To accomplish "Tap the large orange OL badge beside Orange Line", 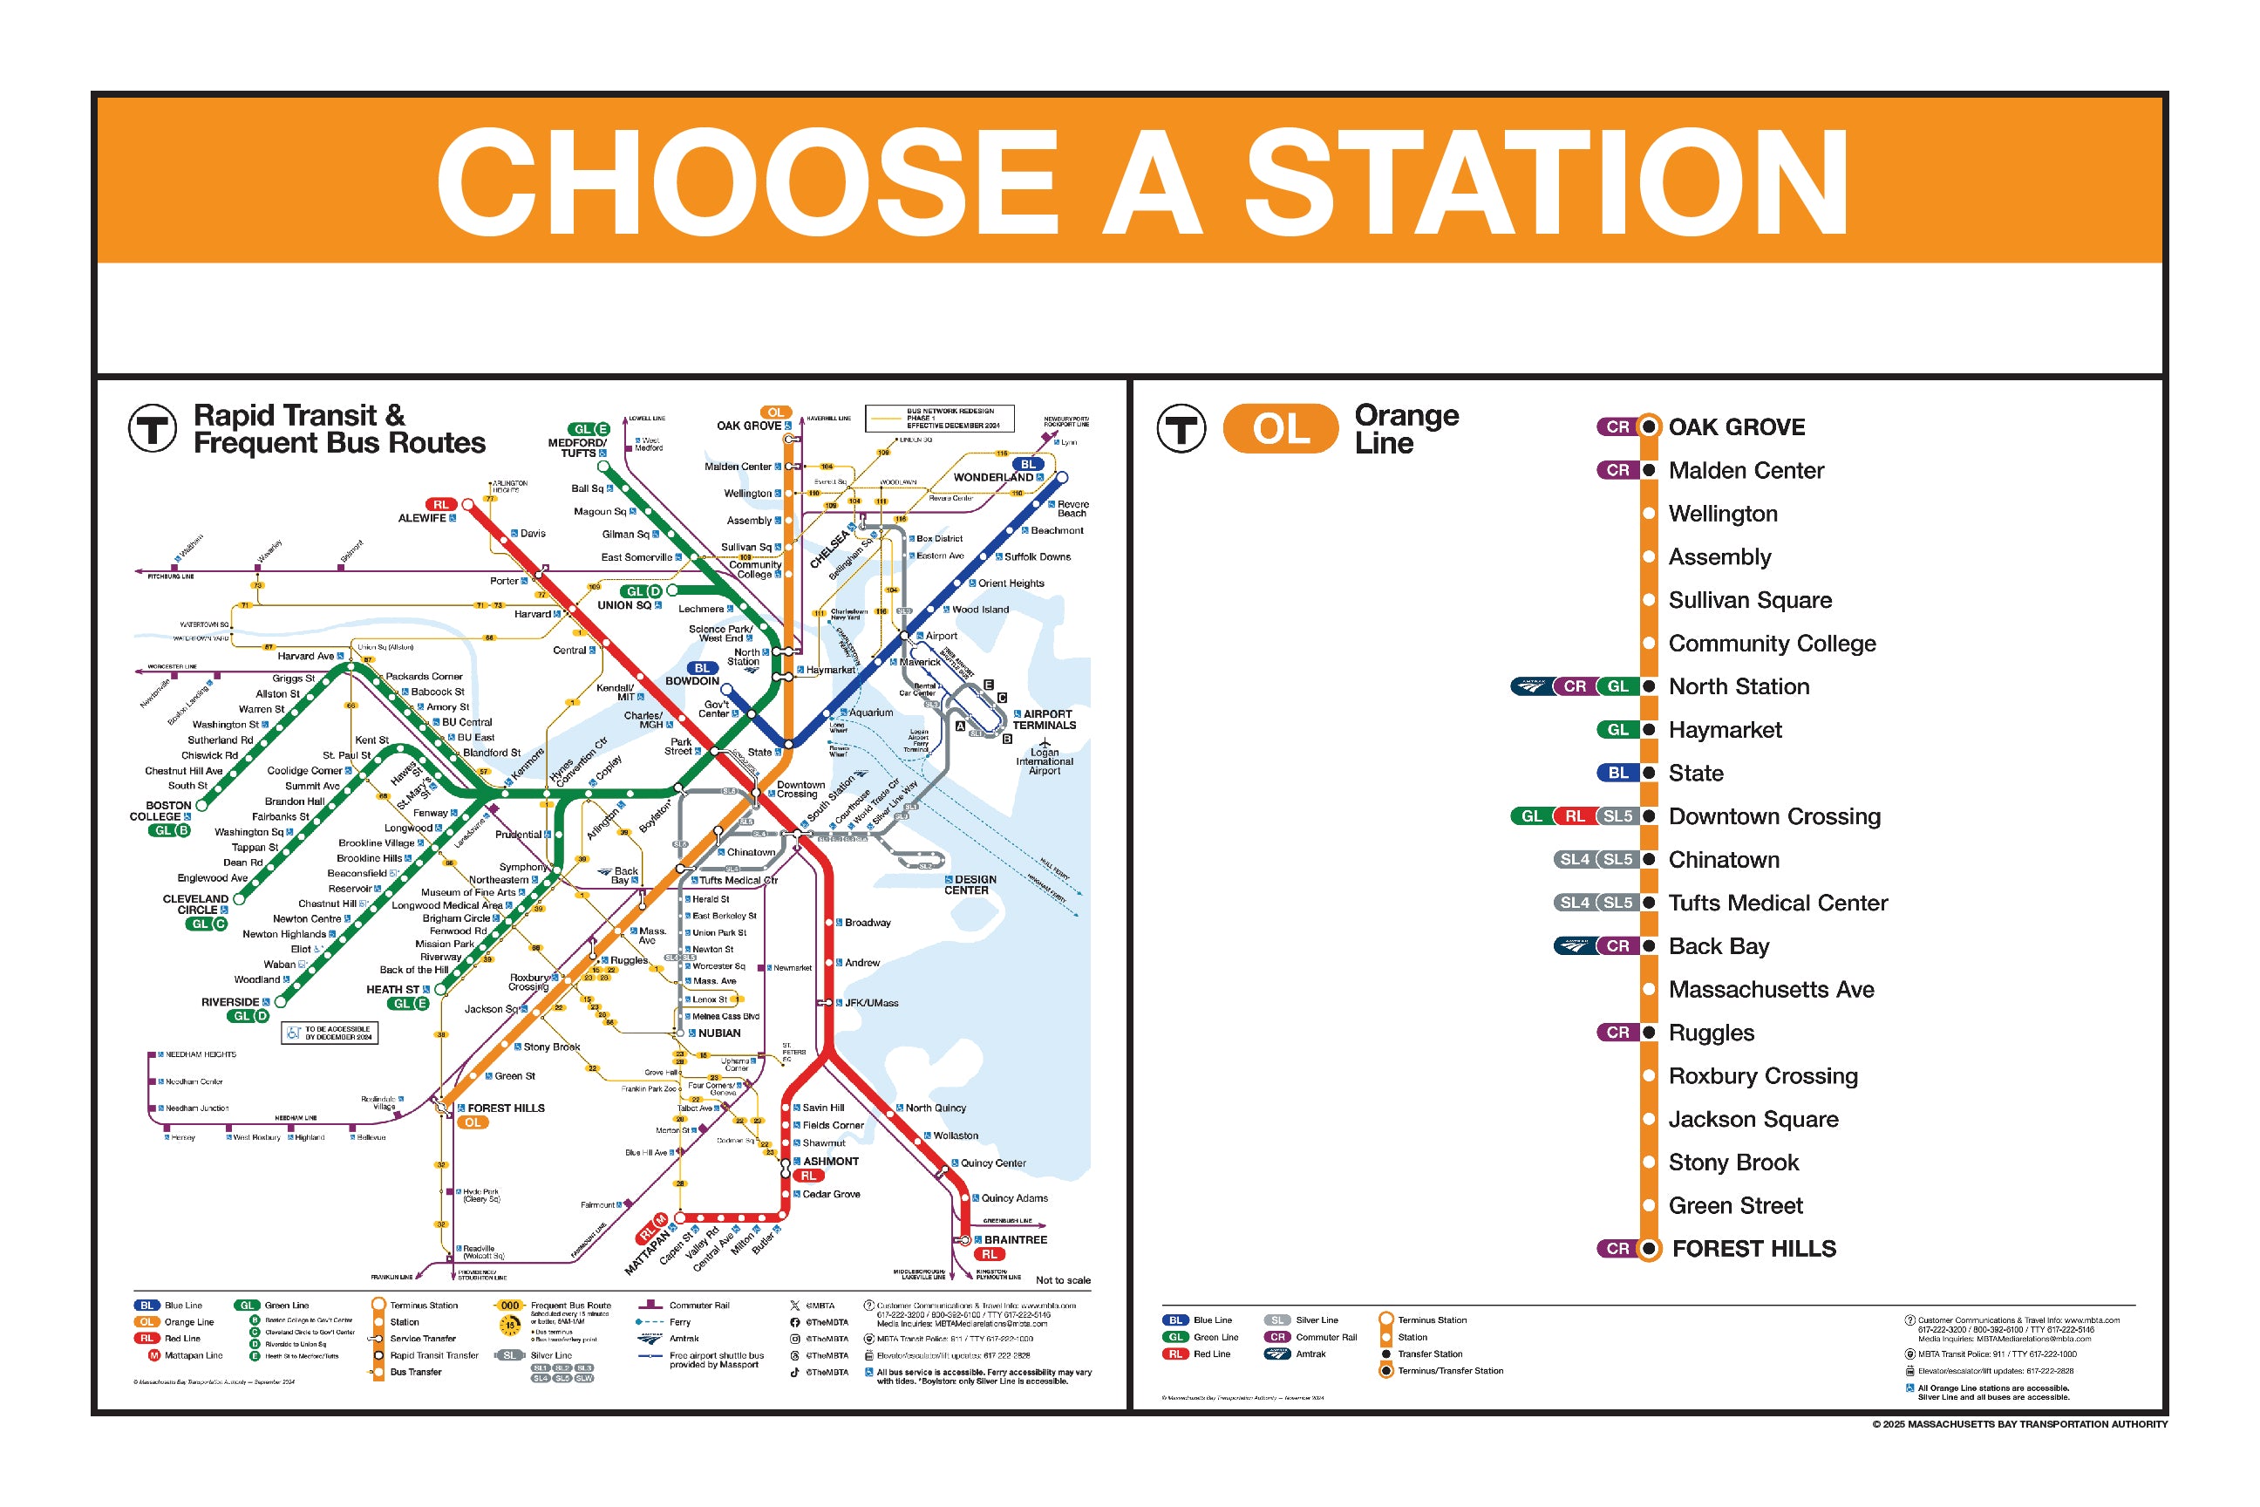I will [1280, 429].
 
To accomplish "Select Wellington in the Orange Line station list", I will [1722, 515].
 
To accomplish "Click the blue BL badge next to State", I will [1618, 773].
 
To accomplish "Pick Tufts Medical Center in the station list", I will [1778, 904].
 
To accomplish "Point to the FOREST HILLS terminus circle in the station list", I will [1649, 1249].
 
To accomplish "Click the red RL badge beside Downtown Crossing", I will [1574, 816].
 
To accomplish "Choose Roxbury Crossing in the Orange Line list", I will [1762, 1076].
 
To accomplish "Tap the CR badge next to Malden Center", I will [1618, 470].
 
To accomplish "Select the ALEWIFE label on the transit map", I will [422, 518].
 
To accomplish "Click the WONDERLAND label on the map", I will [992, 478].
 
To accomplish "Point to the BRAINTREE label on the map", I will [1015, 1240].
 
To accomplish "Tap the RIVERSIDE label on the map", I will [229, 1001].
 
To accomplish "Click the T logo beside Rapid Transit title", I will [153, 429].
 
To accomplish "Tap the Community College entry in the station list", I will [1771, 644].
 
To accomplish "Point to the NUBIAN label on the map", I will [718, 1033].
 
